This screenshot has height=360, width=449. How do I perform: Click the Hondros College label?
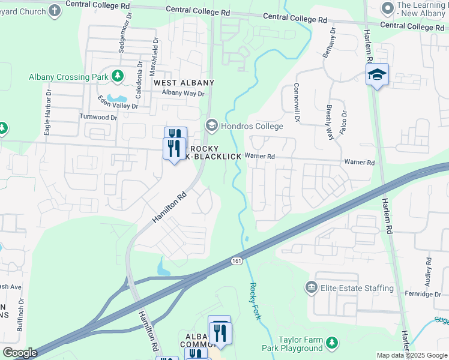click(x=252, y=126)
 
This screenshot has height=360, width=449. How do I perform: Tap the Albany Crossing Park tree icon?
click(x=119, y=76)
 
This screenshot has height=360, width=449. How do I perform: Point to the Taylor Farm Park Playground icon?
click(x=331, y=343)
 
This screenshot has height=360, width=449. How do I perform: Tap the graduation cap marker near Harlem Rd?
click(x=378, y=75)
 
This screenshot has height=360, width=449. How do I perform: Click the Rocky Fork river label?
click(x=256, y=301)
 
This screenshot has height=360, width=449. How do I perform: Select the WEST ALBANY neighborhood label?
click(x=184, y=82)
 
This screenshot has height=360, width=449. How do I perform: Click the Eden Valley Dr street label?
click(x=118, y=102)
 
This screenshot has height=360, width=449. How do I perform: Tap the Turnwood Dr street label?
click(x=98, y=117)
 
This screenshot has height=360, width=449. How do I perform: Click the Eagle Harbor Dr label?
click(x=47, y=111)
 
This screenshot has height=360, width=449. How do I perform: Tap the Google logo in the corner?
click(x=20, y=353)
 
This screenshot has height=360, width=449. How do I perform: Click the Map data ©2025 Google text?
click(x=411, y=355)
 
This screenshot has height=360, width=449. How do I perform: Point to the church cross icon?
click(x=55, y=10)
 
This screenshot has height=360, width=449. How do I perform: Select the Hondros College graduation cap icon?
click(x=211, y=126)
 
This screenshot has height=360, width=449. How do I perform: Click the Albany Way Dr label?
click(x=183, y=94)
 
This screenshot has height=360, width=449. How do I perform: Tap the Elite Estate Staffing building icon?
click(x=311, y=288)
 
